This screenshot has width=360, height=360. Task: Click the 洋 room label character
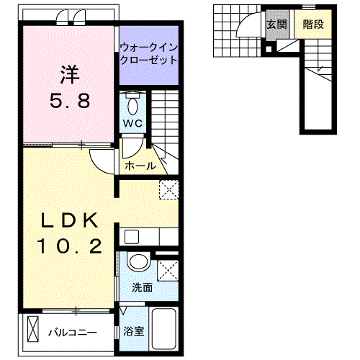pos(70,73)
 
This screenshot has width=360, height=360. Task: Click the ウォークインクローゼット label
pos(148,54)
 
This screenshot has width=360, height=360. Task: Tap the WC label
pos(132,123)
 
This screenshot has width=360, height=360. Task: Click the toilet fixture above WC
pos(132,104)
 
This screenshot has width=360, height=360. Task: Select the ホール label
pos(140,166)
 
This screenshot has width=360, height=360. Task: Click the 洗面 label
pos(141,287)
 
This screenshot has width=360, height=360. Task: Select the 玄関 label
pos(276,23)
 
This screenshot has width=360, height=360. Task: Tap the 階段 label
pos(312,23)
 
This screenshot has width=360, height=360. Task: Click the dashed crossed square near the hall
pos(168,189)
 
